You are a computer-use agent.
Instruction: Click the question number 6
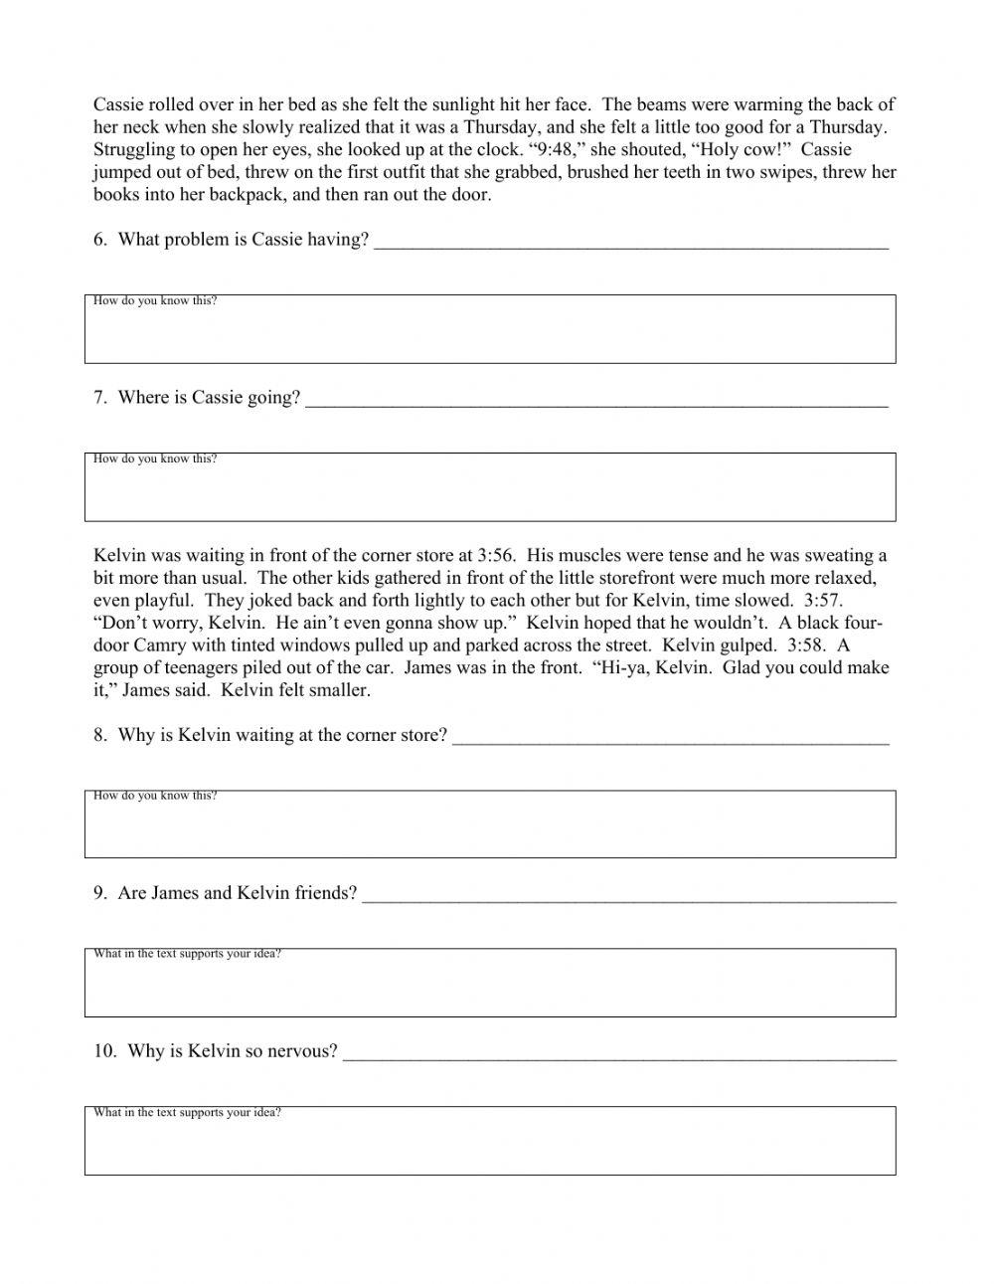tap(99, 240)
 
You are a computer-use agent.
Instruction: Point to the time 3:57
tap(824, 601)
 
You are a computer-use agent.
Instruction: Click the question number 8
tap(99, 736)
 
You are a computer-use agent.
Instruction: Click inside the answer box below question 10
tap(490, 1147)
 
